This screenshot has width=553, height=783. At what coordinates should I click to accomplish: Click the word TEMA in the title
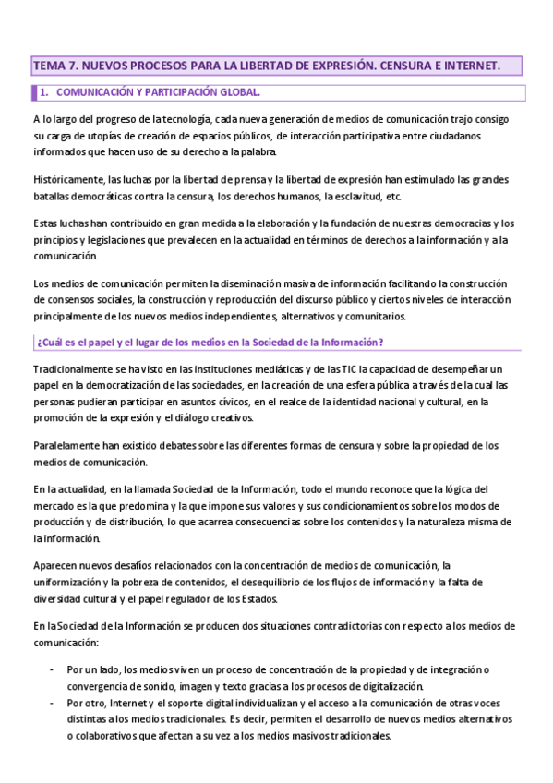[x=48, y=66]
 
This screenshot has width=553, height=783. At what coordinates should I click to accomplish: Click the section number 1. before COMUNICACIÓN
[x=42, y=92]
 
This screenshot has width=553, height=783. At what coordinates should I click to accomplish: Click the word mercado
[x=54, y=506]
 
